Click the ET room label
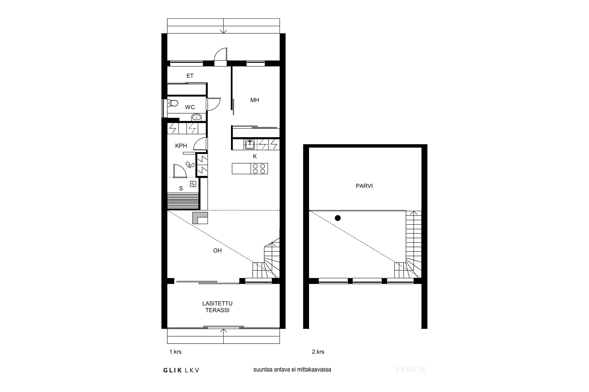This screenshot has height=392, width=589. pyautogui.click(x=190, y=76)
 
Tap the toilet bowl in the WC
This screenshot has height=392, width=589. pyautogui.click(x=173, y=103)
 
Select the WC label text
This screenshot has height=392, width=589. pyautogui.click(x=190, y=107)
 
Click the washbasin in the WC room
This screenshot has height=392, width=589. pyautogui.click(x=196, y=117)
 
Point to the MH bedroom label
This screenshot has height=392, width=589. pyautogui.click(x=255, y=100)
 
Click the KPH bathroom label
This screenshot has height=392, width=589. pyautogui.click(x=181, y=146)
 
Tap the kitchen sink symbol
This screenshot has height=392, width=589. pyautogui.click(x=250, y=144)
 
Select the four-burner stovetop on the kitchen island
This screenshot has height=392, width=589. pyautogui.click(x=259, y=169)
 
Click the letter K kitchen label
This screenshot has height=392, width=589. pyautogui.click(x=255, y=156)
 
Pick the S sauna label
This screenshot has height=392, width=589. pyautogui.click(x=181, y=189)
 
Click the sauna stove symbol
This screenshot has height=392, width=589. pyautogui.click(x=193, y=184)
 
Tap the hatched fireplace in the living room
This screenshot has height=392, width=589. pyautogui.click(x=200, y=218)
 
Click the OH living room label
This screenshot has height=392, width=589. pyautogui.click(x=217, y=250)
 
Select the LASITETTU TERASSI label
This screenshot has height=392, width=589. pyautogui.click(x=217, y=307)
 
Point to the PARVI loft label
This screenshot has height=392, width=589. pyautogui.click(x=364, y=186)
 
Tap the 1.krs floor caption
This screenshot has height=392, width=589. pyautogui.click(x=175, y=352)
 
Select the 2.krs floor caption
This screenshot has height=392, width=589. pyautogui.click(x=318, y=352)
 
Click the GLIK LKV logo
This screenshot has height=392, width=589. pyautogui.click(x=181, y=370)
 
